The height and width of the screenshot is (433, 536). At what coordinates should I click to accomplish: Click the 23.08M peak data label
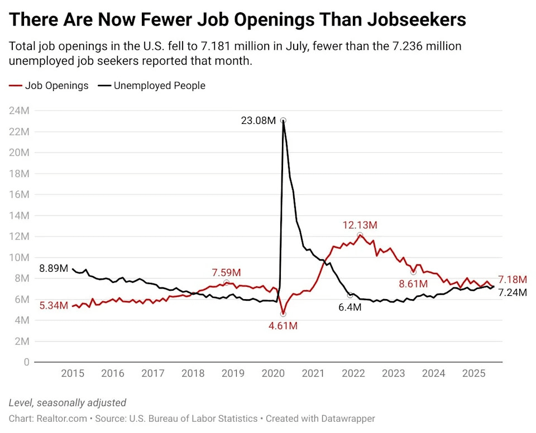(x=258, y=120)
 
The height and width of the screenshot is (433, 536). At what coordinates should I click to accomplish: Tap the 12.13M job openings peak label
(x=360, y=225)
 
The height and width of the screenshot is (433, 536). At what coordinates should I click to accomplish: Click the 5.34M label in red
(x=54, y=306)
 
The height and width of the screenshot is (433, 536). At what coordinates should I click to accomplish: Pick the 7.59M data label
(x=226, y=272)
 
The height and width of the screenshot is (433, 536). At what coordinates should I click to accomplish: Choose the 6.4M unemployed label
(x=350, y=306)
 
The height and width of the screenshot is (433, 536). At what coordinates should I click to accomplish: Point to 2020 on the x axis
(x=273, y=373)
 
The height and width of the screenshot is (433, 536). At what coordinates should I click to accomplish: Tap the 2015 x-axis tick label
(x=73, y=373)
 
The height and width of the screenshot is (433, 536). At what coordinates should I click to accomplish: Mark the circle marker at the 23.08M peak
(x=283, y=120)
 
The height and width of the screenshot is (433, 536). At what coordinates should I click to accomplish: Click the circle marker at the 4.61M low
(x=283, y=314)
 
